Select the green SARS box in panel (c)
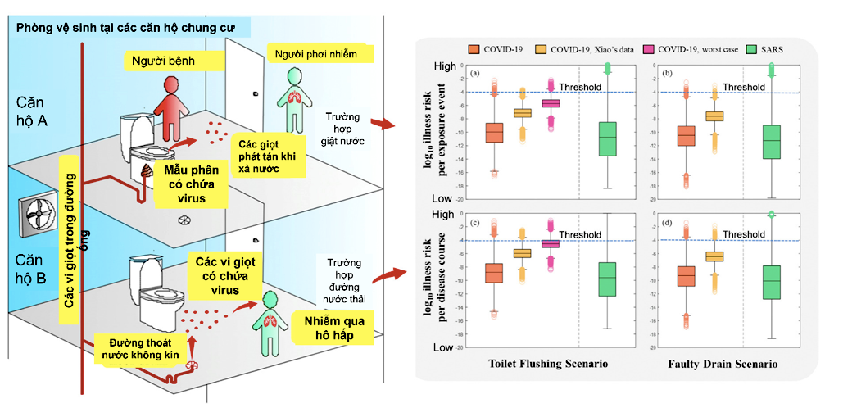pyautogui.click(x=607, y=279)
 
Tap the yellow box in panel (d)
pyautogui.click(x=714, y=256)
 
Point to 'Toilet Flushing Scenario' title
pyautogui.click(x=547, y=363)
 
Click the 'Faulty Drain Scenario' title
pyautogui.click(x=722, y=363)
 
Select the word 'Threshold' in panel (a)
pyautogui.click(x=580, y=87)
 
